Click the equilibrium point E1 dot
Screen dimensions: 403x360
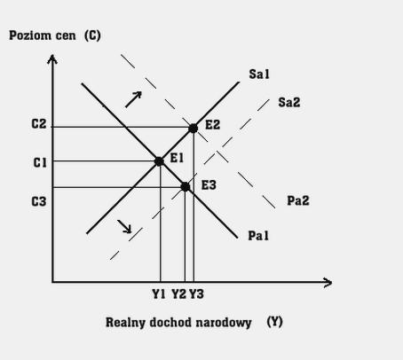click(159, 161)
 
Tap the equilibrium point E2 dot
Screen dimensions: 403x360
click(193, 129)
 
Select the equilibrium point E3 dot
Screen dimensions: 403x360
click(185, 187)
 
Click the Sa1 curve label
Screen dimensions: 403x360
click(259, 74)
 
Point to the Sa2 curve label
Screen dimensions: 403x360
click(289, 103)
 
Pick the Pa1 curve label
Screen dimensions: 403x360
click(258, 236)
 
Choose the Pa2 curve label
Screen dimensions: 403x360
click(298, 200)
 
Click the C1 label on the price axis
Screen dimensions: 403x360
click(40, 162)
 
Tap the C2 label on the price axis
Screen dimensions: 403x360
click(39, 124)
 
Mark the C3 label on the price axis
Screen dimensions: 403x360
click(39, 201)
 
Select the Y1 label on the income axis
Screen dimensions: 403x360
click(159, 294)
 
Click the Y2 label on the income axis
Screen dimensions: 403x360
click(179, 294)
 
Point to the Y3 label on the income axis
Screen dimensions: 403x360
click(196, 294)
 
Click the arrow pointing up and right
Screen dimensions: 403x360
click(133, 99)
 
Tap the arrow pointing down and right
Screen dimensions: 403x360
click(124, 226)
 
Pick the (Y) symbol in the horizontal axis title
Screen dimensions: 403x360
click(274, 322)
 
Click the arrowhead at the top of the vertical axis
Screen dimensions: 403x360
click(52, 59)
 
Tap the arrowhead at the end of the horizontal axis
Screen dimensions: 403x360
click(328, 283)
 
